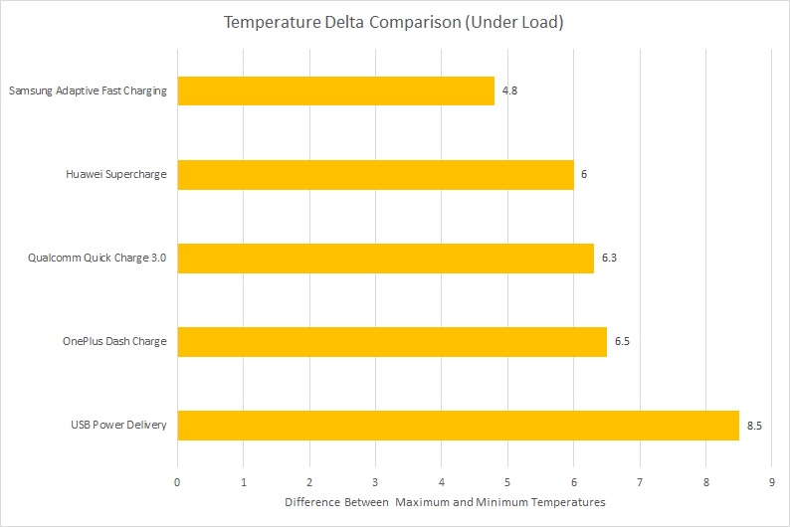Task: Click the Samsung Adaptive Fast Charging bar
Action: [336, 91]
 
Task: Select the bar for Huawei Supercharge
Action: [376, 175]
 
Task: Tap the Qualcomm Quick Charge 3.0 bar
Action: [386, 259]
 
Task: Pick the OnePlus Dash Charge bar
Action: [392, 342]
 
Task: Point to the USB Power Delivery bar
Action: [459, 426]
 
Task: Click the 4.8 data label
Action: [509, 90]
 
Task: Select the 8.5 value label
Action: [754, 426]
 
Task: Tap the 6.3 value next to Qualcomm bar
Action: [609, 258]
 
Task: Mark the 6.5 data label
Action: [622, 341]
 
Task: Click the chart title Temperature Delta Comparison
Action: [393, 22]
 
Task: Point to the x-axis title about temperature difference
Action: [445, 502]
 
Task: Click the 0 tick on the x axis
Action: [177, 482]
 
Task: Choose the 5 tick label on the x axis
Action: [507, 482]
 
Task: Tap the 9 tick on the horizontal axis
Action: [772, 482]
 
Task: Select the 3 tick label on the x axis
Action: [375, 482]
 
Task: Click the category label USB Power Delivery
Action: [118, 425]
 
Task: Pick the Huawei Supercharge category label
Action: [115, 174]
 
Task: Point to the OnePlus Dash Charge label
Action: [114, 341]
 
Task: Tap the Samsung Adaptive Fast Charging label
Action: [88, 90]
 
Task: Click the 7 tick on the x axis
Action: [640, 482]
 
